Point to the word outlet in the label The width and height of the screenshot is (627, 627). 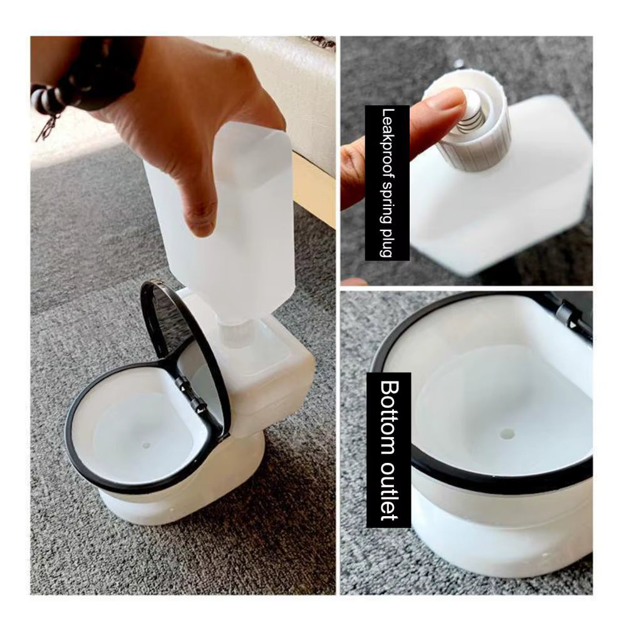[x=389, y=493]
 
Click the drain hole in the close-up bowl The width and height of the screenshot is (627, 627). [x=507, y=433]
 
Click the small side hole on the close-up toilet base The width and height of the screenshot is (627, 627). [x=544, y=556]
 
